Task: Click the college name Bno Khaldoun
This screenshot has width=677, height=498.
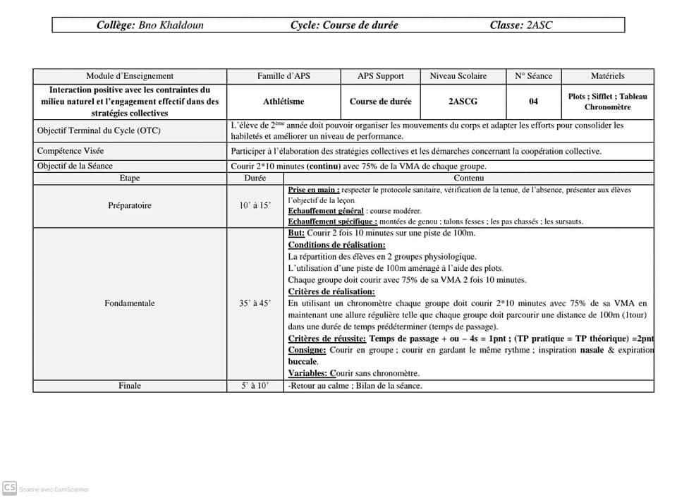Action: pyautogui.click(x=171, y=25)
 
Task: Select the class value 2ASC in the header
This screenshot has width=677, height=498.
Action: pyautogui.click(x=539, y=25)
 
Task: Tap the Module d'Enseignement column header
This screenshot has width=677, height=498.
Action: pyautogui.click(x=130, y=76)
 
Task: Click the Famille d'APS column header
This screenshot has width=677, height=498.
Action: pyautogui.click(x=283, y=76)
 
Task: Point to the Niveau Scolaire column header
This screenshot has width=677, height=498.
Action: pyautogui.click(x=463, y=76)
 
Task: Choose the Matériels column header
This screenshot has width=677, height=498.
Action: pyautogui.click(x=607, y=76)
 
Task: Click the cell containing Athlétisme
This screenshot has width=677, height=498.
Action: pyautogui.click(x=283, y=102)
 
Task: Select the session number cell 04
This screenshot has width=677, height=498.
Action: pyautogui.click(x=533, y=102)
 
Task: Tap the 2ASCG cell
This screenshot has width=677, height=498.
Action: pyautogui.click(x=463, y=102)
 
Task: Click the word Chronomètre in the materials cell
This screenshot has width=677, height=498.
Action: pyautogui.click(x=607, y=107)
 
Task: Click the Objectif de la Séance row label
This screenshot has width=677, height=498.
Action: pyautogui.click(x=75, y=166)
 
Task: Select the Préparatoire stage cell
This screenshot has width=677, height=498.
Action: pyautogui.click(x=130, y=206)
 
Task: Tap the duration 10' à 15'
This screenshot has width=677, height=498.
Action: pyautogui.click(x=255, y=206)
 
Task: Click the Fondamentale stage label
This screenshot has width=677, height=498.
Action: pyautogui.click(x=130, y=304)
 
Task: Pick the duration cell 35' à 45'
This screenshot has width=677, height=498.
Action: pyautogui.click(x=255, y=304)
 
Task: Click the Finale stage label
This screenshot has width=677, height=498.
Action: pyautogui.click(x=130, y=386)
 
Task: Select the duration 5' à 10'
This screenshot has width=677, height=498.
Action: pyautogui.click(x=255, y=386)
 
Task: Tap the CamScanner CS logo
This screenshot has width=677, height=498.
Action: pyautogui.click(x=10, y=487)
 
